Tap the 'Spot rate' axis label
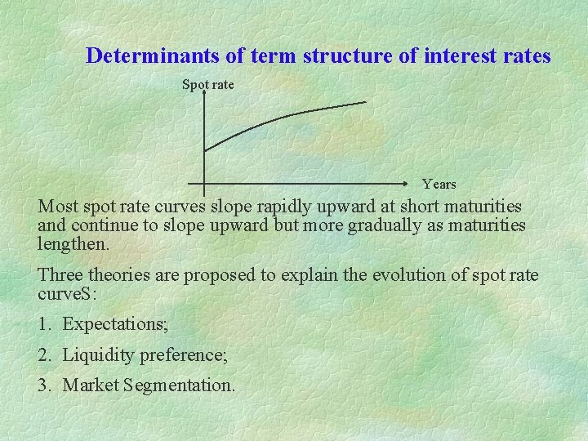[x=207, y=84]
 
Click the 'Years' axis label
[x=439, y=184]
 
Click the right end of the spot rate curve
[x=366, y=102]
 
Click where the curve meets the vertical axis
[x=204, y=150]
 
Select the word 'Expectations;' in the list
[x=115, y=324]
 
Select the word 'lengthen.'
[x=73, y=243]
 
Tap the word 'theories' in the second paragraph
[x=121, y=275]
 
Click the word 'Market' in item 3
[x=89, y=385]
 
